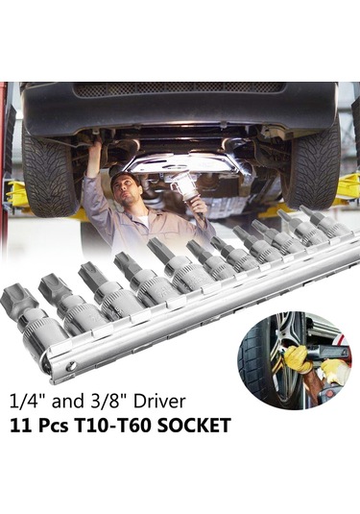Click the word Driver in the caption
pos(159,401)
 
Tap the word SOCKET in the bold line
pos(194,426)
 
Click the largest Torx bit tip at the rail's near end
pos(15,301)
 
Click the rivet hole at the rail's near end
pos(72,365)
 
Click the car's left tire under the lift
pos(49,174)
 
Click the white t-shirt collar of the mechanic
pos(141,220)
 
